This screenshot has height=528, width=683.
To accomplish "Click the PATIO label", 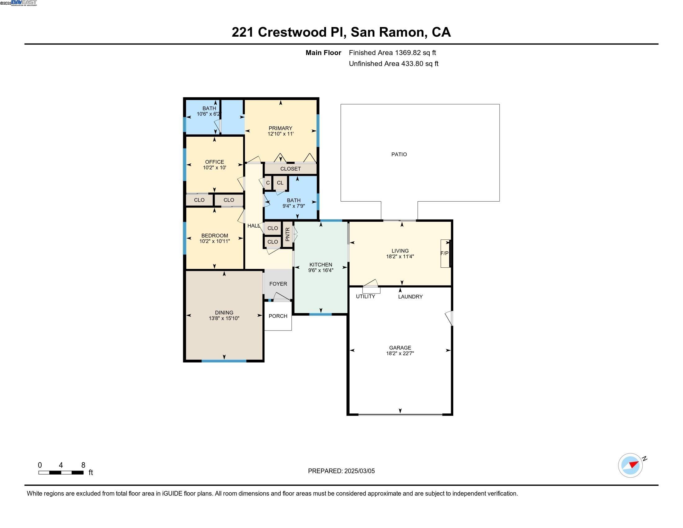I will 399,154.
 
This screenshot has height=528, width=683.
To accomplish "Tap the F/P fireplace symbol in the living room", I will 444,253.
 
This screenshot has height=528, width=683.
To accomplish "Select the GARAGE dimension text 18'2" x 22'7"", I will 400,353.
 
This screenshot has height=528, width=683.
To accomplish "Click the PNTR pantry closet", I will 288,234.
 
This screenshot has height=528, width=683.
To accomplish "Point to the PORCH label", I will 278,316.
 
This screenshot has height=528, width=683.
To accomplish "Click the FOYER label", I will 278,284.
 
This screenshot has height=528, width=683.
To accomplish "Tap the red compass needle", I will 634,464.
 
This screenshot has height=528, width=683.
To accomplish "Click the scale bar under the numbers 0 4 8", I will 61,473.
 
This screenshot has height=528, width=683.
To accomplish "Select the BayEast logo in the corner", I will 24,3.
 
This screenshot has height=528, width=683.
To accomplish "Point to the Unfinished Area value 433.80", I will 412,64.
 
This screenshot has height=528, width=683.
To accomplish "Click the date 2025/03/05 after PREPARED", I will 359,471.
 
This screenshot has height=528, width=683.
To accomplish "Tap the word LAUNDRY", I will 410,297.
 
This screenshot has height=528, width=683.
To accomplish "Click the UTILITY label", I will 365,297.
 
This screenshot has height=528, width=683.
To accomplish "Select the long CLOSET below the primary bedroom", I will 291,169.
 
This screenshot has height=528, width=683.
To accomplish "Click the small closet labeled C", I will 268,183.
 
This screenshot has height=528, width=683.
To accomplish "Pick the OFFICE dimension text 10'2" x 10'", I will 215,168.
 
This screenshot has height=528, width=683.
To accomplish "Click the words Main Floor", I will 323,52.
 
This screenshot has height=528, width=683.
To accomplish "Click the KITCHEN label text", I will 321,265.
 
